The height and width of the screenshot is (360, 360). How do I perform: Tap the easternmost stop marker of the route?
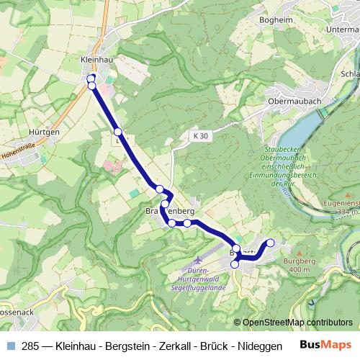tap(271, 243)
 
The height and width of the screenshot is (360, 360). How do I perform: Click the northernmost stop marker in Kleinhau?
tap(91, 78)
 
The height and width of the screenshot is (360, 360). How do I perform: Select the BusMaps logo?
tap(325, 345)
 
